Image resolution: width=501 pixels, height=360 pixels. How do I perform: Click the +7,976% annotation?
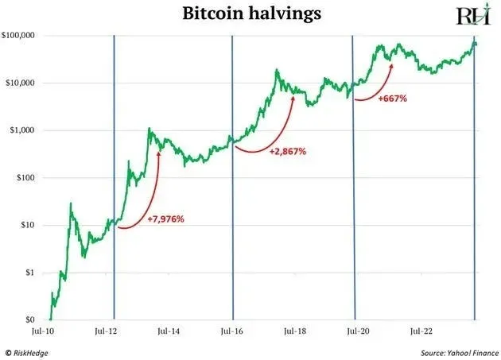166,219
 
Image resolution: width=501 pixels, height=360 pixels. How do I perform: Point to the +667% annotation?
393,99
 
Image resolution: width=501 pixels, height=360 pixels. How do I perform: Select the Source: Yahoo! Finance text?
456,350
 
